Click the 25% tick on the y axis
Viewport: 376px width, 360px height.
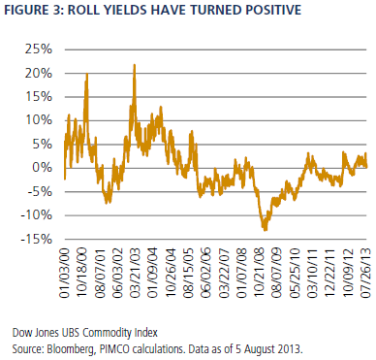tap(38, 49)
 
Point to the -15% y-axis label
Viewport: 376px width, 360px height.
tap(36, 239)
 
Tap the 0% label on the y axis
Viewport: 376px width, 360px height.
tap(42, 168)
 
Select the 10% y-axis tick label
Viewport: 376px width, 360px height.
tap(38, 120)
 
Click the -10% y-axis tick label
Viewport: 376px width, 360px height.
tap(36, 215)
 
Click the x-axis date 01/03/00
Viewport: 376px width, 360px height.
tap(65, 273)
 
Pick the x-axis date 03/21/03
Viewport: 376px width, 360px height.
tap(134, 273)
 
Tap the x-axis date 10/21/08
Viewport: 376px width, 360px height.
tap(262, 273)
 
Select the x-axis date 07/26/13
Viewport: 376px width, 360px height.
tap(365, 273)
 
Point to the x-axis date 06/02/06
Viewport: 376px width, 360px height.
tap(204, 273)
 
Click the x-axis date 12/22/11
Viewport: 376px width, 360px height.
tap(330, 273)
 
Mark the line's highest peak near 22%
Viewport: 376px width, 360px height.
tap(135, 65)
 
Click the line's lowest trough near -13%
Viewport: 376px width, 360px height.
tap(266, 230)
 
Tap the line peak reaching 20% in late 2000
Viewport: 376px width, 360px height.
tap(87, 74)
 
